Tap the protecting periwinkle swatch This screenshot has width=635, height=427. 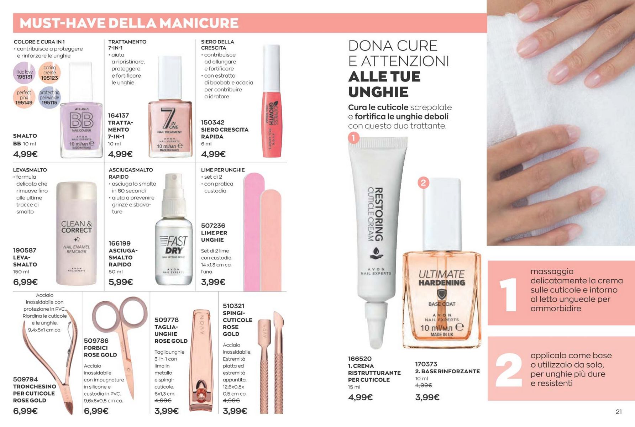point(49,98)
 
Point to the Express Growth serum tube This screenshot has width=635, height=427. point(272,101)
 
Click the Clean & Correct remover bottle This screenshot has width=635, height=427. point(77,233)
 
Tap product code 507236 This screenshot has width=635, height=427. point(213,226)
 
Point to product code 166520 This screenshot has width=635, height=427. point(360,359)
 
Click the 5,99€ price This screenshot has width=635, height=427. point(121,282)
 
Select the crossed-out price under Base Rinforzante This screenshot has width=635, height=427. point(424,385)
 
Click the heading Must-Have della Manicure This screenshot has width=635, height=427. point(129,23)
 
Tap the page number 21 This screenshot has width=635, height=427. point(619,412)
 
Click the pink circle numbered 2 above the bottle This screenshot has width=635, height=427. point(423,183)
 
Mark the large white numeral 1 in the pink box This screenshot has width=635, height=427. point(508,294)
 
